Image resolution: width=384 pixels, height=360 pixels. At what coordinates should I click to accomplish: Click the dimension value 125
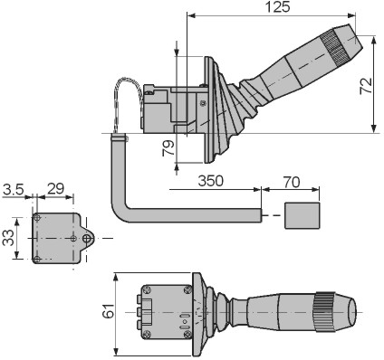tap(278, 7)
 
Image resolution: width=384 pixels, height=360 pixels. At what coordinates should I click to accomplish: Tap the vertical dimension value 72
tap(366, 86)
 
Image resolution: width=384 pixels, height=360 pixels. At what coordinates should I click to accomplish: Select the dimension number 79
tap(168, 148)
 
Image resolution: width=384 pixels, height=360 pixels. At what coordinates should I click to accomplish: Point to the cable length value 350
tap(211, 181)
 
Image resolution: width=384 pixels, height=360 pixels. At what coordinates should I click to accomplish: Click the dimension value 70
tap(292, 182)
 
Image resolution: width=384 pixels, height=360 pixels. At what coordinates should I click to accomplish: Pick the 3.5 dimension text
tap(13, 189)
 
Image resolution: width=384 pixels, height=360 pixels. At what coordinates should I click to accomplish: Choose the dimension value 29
tap(56, 189)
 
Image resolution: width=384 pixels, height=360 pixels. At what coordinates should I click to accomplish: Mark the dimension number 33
tap(8, 238)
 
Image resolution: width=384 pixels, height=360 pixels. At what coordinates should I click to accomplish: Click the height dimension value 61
tap(109, 310)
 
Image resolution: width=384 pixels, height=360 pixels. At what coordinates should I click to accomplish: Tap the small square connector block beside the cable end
tap(302, 215)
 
